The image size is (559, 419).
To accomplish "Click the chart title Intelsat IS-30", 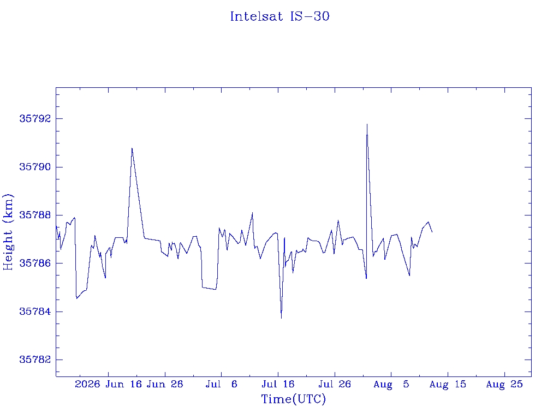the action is point(279,16).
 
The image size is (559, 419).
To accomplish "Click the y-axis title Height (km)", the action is point(8,232).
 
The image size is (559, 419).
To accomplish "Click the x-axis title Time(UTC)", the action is point(293,399).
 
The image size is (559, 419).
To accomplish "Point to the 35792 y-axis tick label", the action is point(35,118).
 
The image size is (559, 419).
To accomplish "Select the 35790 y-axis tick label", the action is point(35,167).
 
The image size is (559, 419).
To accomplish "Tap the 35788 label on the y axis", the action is point(35,215).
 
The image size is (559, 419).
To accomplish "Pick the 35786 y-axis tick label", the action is point(35,264).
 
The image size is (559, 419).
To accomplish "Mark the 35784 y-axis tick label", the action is point(35,312).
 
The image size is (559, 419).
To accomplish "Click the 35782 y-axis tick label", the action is point(35,360).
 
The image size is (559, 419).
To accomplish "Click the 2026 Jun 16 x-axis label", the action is point(109,384).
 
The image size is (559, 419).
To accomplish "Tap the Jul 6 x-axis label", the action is point(222,384).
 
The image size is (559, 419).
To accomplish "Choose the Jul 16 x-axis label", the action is point(278,384).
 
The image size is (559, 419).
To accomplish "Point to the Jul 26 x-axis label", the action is point(335,384).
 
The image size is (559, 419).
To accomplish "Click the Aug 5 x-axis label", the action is point(391,384).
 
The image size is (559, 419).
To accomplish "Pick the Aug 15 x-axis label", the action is point(448,384).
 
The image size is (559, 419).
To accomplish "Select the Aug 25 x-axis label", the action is point(504,384).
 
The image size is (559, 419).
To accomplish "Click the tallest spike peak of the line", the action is point(367,124).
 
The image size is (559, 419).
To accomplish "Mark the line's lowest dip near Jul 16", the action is point(281,318).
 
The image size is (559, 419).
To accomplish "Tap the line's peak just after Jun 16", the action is point(132,148).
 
